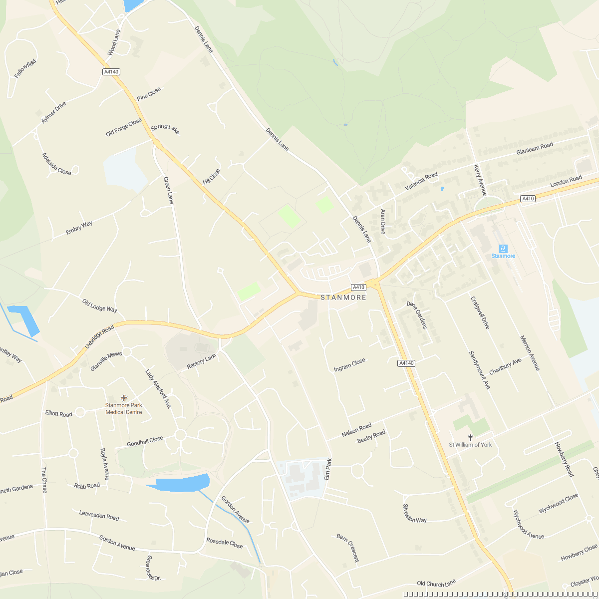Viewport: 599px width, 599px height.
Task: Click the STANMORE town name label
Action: (x=343, y=298)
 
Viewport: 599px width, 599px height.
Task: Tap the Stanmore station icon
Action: (x=503, y=248)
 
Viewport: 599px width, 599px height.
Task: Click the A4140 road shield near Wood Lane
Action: (x=111, y=72)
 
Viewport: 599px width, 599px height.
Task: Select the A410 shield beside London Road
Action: (x=528, y=199)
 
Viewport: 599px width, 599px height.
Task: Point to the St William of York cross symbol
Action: (x=470, y=437)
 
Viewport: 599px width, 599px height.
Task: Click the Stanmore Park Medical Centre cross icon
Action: (x=124, y=397)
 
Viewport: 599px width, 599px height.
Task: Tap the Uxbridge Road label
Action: (x=99, y=337)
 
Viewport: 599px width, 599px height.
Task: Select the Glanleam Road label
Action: (x=535, y=148)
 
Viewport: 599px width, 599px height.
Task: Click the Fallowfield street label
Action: (x=25, y=68)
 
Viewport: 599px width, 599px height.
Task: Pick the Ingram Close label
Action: (x=349, y=365)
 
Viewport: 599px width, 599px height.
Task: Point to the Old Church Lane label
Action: (x=436, y=583)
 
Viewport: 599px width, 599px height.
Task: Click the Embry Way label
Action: (x=79, y=228)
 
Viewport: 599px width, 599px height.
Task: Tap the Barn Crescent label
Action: (x=347, y=548)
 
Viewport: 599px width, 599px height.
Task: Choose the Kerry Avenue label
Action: (x=480, y=180)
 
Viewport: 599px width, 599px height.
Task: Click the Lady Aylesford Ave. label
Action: (x=158, y=389)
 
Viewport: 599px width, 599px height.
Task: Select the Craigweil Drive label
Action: (x=480, y=313)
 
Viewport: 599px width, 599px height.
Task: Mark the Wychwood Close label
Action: (x=558, y=504)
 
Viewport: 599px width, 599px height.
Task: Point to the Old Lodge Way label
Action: (x=100, y=305)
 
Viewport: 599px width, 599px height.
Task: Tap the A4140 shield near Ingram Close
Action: (x=406, y=363)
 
